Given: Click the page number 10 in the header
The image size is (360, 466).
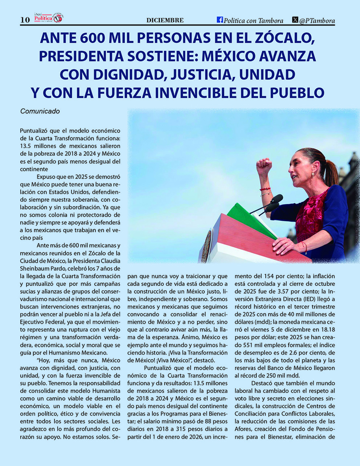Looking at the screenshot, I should coord(25,20).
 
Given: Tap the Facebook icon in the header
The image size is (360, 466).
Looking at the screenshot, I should coord(220,20).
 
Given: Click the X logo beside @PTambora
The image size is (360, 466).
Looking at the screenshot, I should coord(295,20).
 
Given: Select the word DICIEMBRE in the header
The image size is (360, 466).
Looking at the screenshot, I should coord(165,20).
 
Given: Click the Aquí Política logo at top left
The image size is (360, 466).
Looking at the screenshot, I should coord(48,18).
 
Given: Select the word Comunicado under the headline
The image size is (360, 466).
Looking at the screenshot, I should coord(40,111).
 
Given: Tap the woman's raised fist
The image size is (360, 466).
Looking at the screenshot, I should coord(264,166).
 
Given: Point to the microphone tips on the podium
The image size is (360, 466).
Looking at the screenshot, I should coord(276,199).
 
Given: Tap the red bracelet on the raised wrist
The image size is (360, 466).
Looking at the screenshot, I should coord(265,189).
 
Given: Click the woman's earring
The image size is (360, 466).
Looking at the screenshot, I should coord(313,173).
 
